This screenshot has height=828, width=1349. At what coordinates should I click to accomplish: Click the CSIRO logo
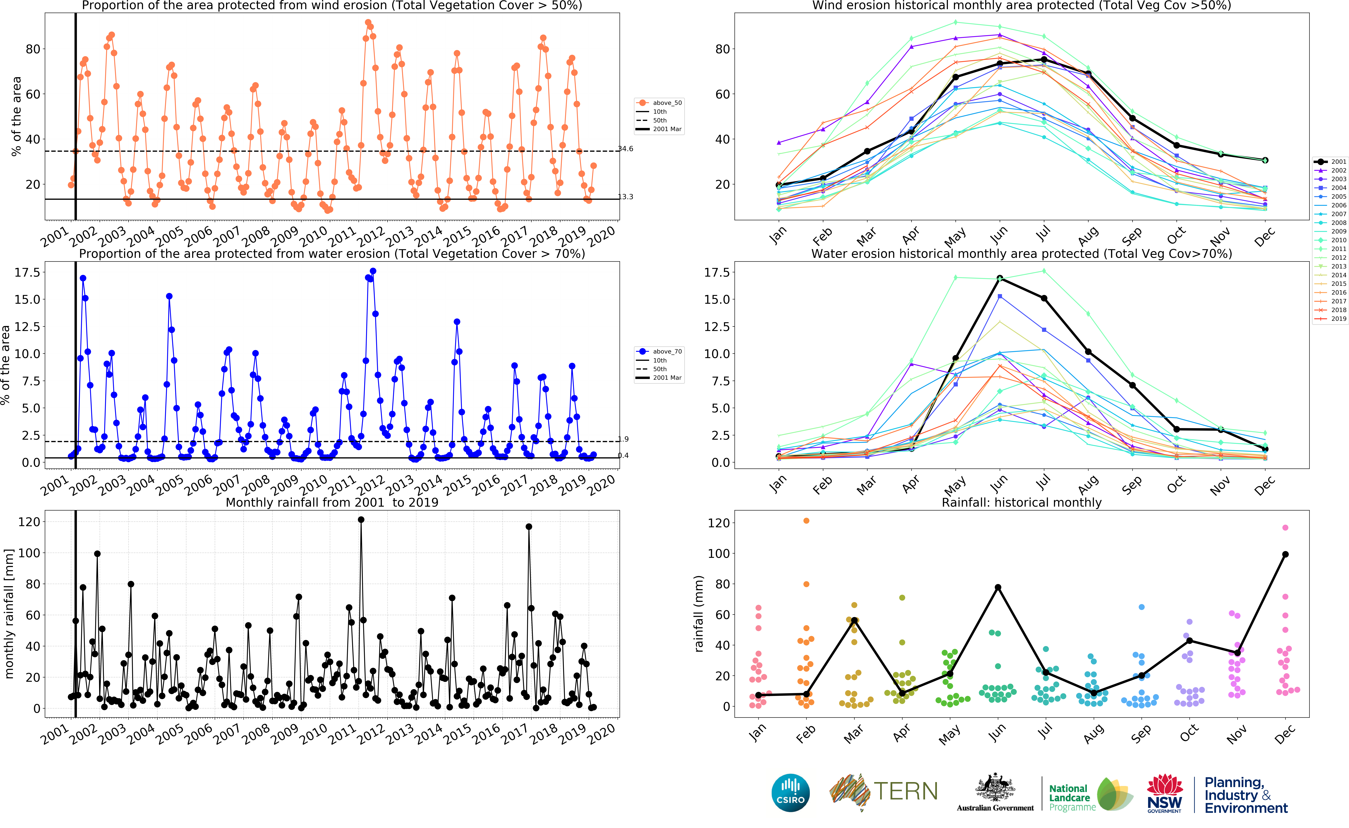tap(791, 792)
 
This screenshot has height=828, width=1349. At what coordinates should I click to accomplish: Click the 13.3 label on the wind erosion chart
tap(626, 197)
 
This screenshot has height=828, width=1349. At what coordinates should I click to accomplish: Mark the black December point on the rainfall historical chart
tap(1285, 554)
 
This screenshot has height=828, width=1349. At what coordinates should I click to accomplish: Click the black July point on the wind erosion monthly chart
tap(1044, 59)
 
